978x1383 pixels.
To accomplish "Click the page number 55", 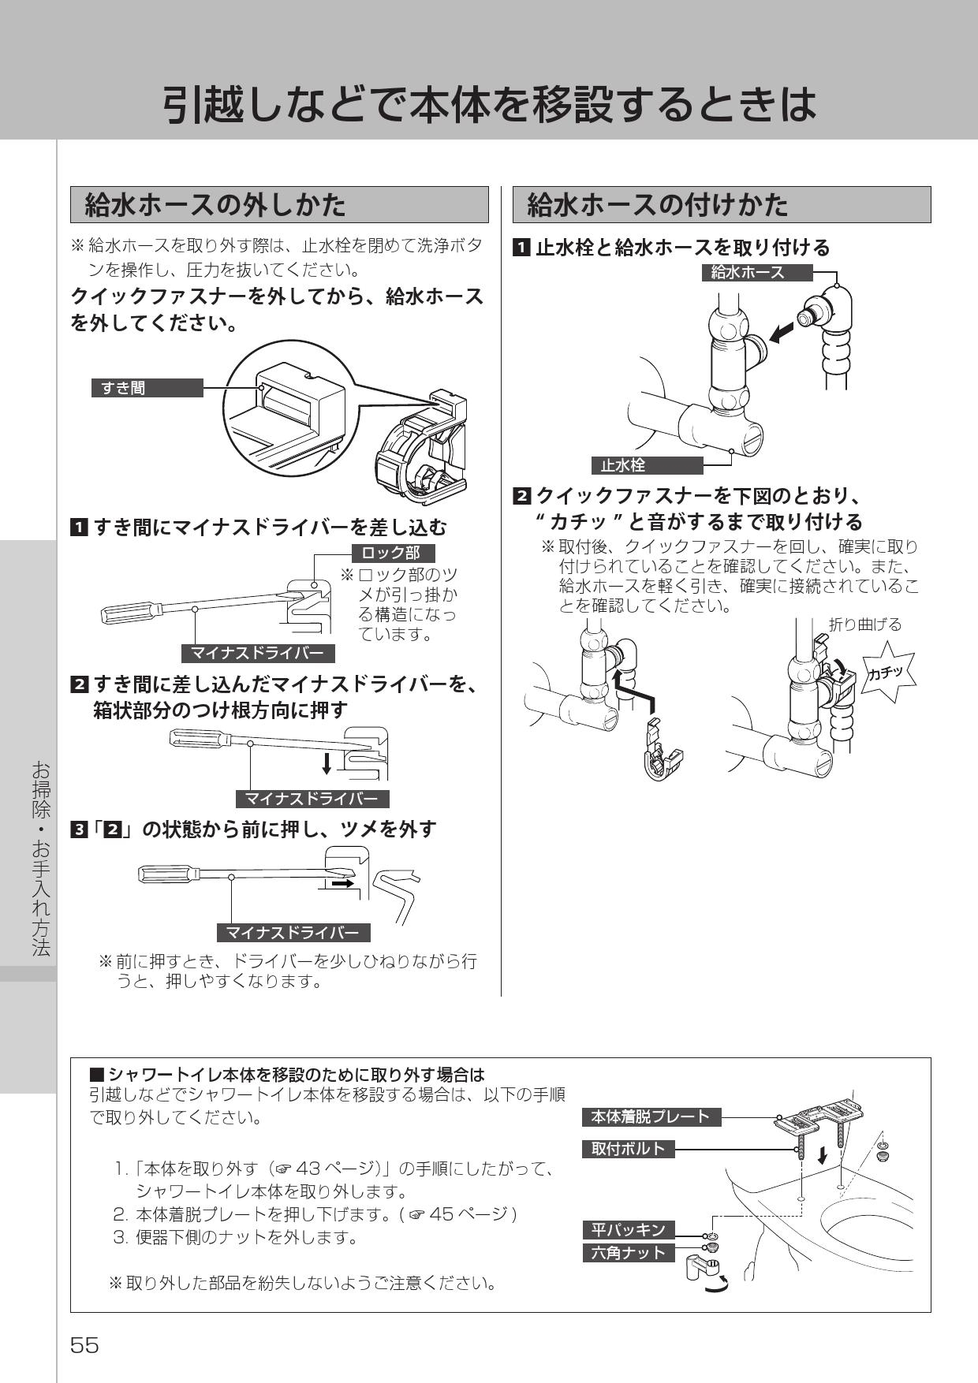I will point(84,1344).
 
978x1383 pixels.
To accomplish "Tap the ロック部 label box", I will point(391,553).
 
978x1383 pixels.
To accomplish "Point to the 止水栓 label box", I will point(646,465).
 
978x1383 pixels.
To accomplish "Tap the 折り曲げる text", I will point(865,624).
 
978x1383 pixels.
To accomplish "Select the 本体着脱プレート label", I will point(651,1116).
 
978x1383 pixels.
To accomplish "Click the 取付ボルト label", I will point(629,1149).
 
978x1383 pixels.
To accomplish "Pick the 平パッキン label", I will point(629,1229).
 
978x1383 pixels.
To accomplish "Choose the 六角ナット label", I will point(629,1252).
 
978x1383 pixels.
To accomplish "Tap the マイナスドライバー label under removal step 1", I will point(258,654).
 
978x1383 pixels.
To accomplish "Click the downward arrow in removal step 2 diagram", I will point(327,762).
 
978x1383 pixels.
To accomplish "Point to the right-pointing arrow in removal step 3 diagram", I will point(342,885).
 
